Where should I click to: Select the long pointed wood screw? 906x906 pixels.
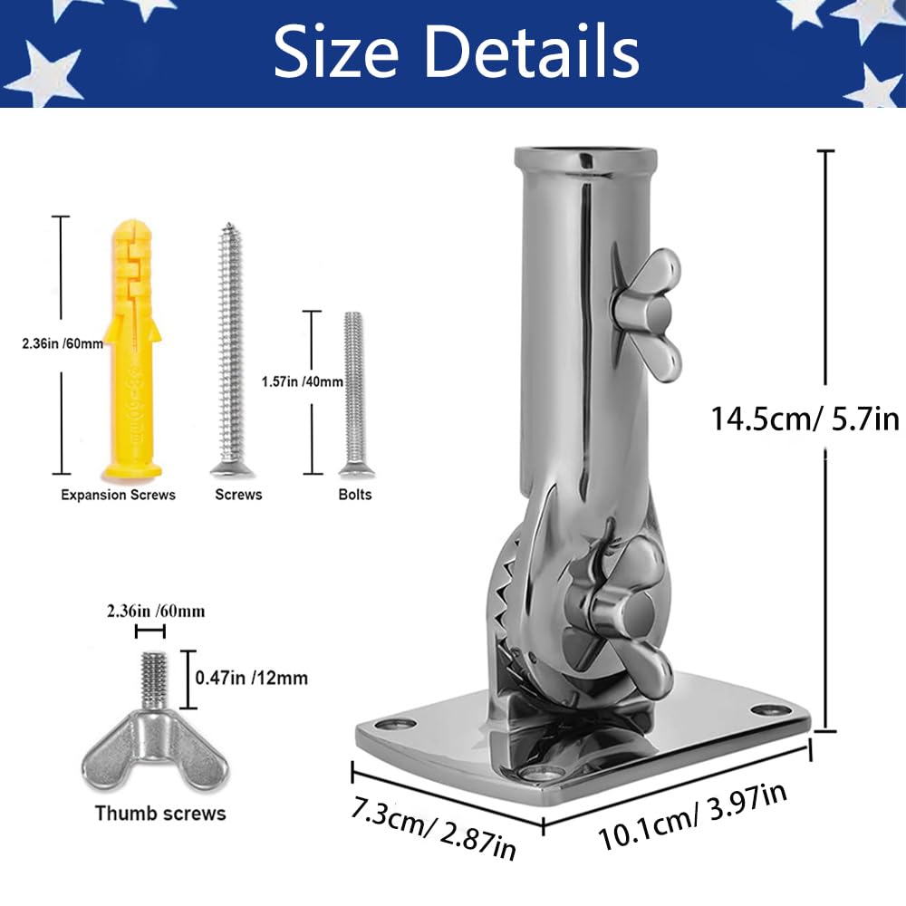pyautogui.click(x=231, y=350)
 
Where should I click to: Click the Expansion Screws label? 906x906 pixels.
pyautogui.click(x=118, y=495)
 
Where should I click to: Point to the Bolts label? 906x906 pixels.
pyautogui.click(x=355, y=495)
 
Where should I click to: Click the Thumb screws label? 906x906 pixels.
pyautogui.click(x=160, y=813)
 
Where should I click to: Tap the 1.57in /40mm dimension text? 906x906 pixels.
pyautogui.click(x=303, y=381)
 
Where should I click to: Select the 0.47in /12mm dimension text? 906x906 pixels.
pyautogui.click(x=251, y=677)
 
